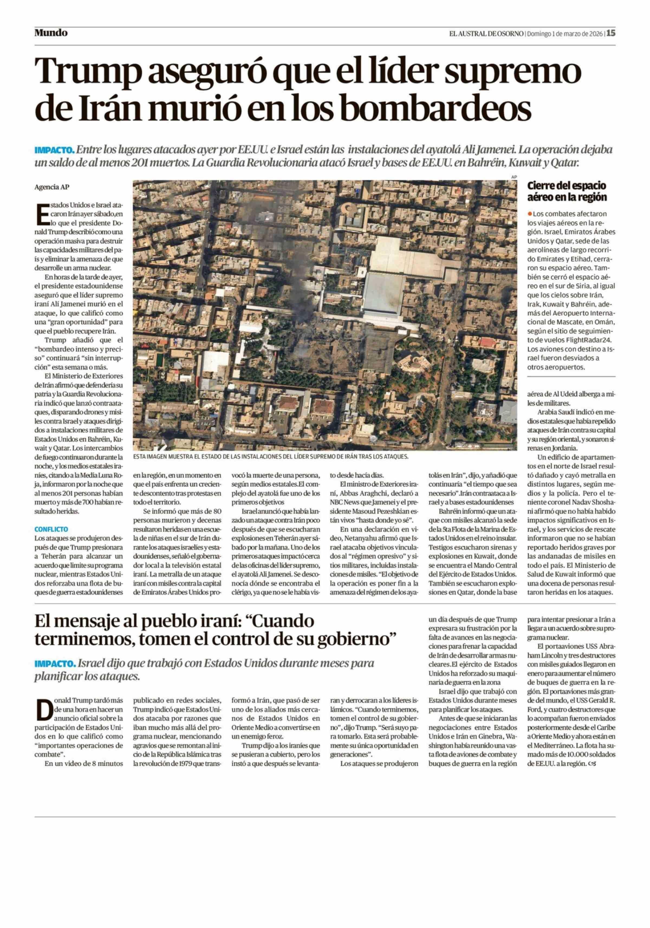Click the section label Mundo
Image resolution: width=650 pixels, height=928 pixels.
pyautogui.click(x=51, y=33)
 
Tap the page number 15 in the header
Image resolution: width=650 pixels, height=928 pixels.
pyautogui.click(x=610, y=33)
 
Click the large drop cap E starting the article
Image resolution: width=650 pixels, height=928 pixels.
pyautogui.click(x=41, y=215)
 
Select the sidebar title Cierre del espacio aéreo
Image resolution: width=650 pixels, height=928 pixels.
pyautogui.click(x=567, y=191)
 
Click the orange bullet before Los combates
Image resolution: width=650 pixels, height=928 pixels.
pyautogui.click(x=530, y=213)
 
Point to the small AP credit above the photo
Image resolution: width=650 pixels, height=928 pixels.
pyautogui.click(x=514, y=177)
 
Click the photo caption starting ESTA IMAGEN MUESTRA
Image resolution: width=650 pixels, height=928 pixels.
pyautogui.click(x=271, y=457)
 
